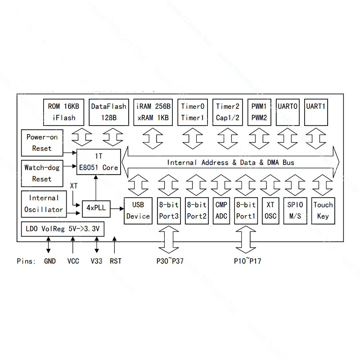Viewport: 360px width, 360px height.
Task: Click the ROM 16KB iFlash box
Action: (63, 112)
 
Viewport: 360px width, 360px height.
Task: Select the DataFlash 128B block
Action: (109, 112)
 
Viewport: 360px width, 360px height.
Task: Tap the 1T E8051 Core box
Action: (99, 162)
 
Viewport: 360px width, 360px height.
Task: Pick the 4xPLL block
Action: (96, 209)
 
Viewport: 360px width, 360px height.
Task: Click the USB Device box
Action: (138, 211)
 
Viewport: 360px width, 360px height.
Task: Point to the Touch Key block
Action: (323, 211)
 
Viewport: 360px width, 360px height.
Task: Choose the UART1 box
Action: (316, 112)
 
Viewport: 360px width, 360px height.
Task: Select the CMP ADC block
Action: (221, 211)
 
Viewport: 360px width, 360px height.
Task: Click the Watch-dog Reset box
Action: (42, 173)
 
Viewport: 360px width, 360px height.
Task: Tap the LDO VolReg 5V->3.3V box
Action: (63, 229)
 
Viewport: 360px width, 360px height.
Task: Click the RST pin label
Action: (116, 261)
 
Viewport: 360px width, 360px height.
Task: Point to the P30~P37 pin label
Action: (170, 261)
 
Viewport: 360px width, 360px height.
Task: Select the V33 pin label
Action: (96, 261)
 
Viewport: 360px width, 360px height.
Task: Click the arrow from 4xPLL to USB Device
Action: (117, 209)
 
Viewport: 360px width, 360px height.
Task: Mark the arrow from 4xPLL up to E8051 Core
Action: (96, 188)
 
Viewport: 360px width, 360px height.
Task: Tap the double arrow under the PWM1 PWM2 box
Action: (259, 139)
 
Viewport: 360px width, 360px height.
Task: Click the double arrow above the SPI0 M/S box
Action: (295, 185)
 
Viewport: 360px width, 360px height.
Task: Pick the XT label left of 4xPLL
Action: (74, 186)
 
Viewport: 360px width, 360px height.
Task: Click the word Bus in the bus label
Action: (288, 162)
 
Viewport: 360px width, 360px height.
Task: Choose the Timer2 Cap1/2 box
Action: (228, 112)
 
